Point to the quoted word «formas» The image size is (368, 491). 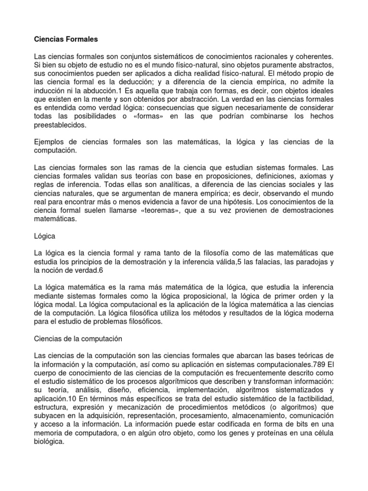click(x=145, y=117)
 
